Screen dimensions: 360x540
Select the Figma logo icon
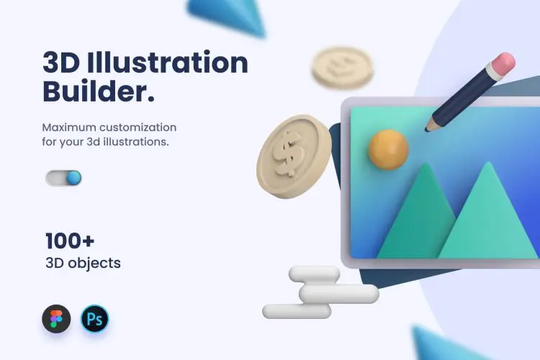[x=56, y=318]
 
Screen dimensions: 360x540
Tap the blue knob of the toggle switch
[x=72, y=178]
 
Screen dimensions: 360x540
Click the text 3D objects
[x=82, y=263]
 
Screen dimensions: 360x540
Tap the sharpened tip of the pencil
[x=429, y=128]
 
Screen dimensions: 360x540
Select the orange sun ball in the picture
[x=388, y=149]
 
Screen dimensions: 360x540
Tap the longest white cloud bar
[x=339, y=293]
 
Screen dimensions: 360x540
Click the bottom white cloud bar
[x=297, y=311]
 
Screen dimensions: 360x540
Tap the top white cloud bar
[x=314, y=274]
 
